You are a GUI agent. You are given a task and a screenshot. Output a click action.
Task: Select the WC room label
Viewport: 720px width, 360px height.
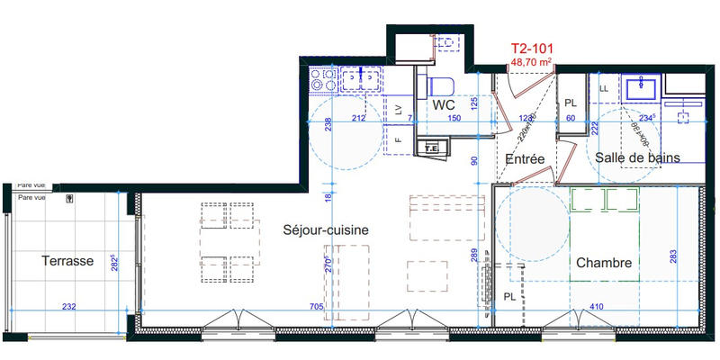(x=442, y=105)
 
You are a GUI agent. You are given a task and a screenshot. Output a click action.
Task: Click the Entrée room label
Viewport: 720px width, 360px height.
(x=526, y=158)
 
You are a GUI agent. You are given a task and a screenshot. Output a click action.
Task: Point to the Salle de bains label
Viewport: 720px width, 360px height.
(x=637, y=157)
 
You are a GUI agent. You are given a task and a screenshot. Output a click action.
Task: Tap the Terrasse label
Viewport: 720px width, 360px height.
(x=67, y=261)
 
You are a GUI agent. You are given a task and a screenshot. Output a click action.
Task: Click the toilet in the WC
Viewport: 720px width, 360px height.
(x=440, y=85)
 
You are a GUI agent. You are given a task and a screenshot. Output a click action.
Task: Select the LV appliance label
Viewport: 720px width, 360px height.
(x=398, y=109)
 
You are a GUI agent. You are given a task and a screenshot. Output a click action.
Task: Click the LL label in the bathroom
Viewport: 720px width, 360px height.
(x=603, y=87)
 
